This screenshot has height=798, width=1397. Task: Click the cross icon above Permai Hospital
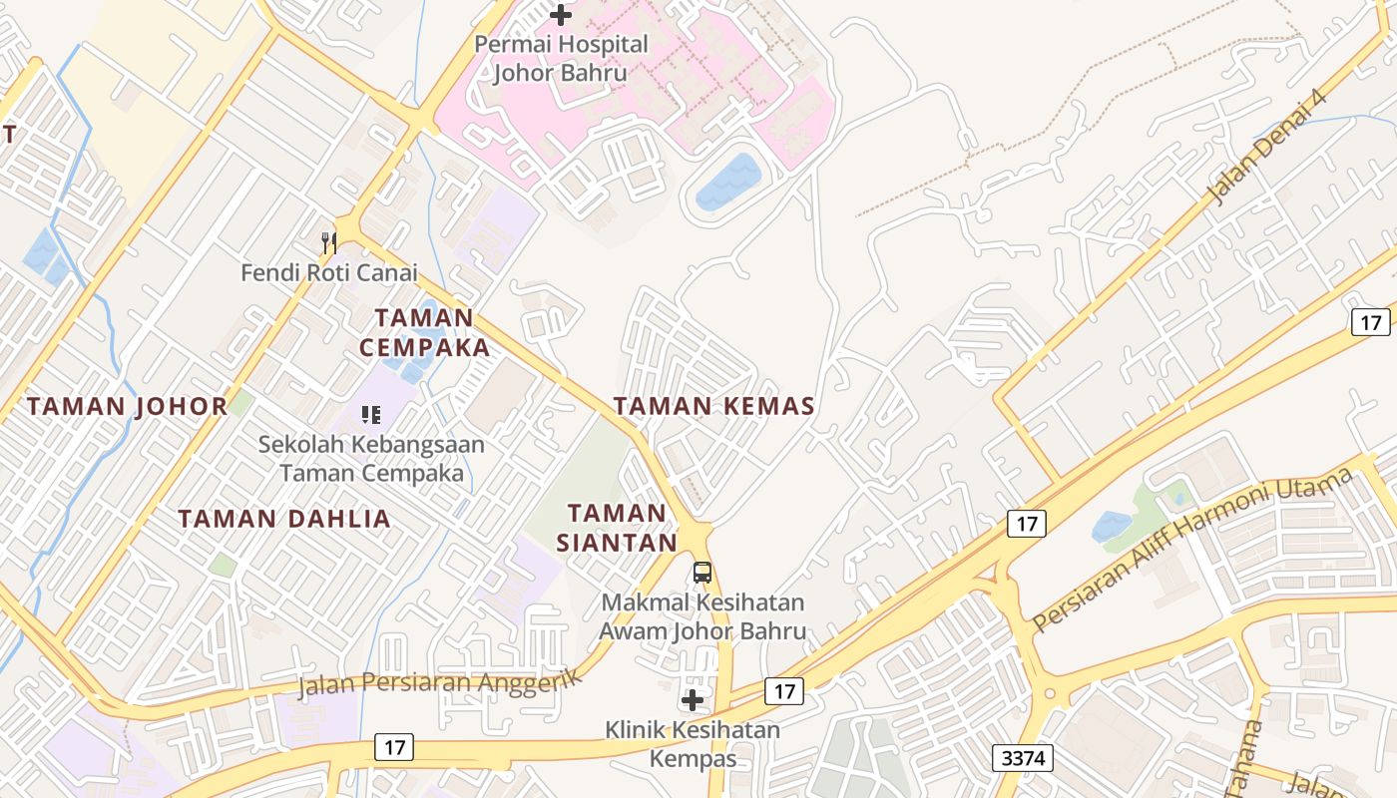(561, 15)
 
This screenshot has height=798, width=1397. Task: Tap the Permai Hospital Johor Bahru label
(561, 59)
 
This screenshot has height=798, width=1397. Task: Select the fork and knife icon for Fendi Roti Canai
(328, 242)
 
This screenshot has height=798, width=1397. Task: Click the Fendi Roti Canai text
(329, 272)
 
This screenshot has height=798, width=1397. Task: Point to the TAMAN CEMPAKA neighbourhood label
(425, 332)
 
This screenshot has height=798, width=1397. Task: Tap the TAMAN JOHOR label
(128, 407)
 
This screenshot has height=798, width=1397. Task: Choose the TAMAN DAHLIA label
(284, 519)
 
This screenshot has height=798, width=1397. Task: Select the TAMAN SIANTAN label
(617, 528)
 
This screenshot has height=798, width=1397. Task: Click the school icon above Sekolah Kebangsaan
(371, 414)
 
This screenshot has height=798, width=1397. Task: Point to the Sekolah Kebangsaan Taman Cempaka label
(371, 459)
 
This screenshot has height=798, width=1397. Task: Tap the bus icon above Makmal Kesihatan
(702, 573)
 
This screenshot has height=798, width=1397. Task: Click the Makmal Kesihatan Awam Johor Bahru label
(703, 617)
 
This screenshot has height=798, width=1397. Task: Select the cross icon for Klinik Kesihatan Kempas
(693, 700)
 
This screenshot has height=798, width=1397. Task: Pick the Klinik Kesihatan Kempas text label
(693, 744)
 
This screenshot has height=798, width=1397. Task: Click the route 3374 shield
(1023, 758)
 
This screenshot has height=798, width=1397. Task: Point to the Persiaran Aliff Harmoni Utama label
(1191, 550)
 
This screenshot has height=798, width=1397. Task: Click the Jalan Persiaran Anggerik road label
(439, 683)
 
